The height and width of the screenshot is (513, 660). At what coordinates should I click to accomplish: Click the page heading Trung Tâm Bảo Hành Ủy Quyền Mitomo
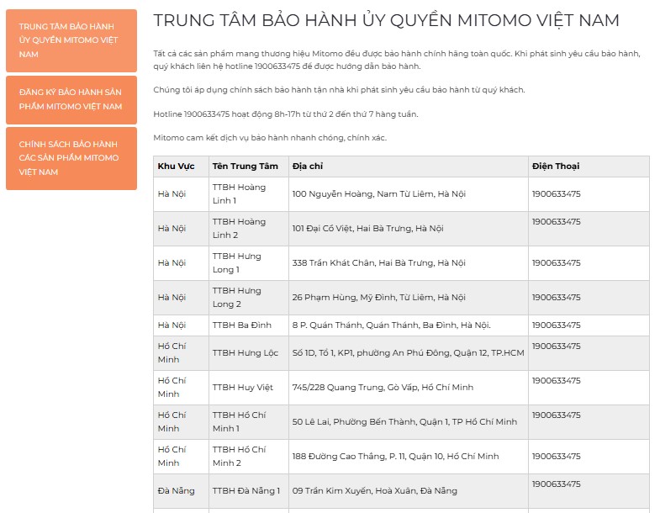pyautogui.click(x=386, y=21)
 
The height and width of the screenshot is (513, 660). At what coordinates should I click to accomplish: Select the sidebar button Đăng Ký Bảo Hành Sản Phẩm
pyautogui.click(x=71, y=99)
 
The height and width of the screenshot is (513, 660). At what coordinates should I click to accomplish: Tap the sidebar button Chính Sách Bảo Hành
pyautogui.click(x=71, y=158)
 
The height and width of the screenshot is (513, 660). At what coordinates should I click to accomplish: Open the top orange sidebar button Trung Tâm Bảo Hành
pyautogui.click(x=71, y=40)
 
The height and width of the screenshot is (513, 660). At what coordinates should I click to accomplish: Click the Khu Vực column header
pyautogui.click(x=176, y=167)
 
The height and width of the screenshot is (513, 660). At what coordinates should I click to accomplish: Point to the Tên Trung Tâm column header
pyautogui.click(x=245, y=167)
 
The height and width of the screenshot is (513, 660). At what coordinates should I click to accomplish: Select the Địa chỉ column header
pyautogui.click(x=308, y=167)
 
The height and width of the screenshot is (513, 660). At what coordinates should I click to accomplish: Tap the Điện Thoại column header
pyautogui.click(x=556, y=167)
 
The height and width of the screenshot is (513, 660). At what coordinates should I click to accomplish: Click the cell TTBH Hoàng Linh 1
pyautogui.click(x=239, y=193)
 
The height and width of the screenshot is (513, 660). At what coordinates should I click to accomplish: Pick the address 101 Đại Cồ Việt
pyautogui.click(x=367, y=229)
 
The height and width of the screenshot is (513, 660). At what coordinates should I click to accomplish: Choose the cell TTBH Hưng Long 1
pyautogui.click(x=237, y=262)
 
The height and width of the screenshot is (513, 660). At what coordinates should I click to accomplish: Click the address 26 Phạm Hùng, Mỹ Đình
pyautogui.click(x=378, y=298)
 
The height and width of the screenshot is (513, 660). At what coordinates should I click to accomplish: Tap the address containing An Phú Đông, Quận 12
pyautogui.click(x=408, y=353)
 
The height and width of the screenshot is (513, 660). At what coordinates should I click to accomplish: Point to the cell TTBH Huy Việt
pyautogui.click(x=243, y=388)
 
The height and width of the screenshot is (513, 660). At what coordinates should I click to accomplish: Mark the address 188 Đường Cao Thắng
pyautogui.click(x=395, y=457)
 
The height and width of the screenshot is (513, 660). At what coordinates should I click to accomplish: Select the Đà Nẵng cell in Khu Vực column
pyautogui.click(x=175, y=491)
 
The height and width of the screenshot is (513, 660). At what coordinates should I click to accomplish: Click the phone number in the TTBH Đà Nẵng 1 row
pyautogui.click(x=556, y=484)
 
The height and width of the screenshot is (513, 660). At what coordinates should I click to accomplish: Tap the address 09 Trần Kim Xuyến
pyautogui.click(x=374, y=491)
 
